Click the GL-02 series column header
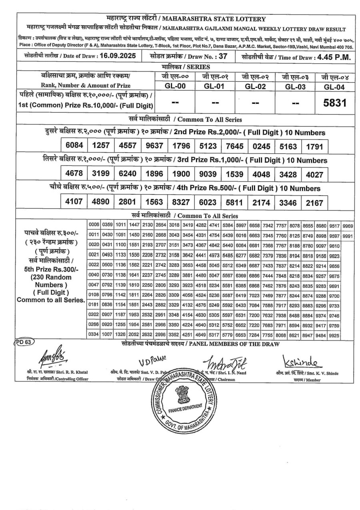[x=255, y=86]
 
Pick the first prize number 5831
[x=335, y=103]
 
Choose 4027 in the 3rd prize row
[x=314, y=175]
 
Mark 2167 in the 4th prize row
[x=314, y=203]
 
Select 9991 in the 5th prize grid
[x=348, y=236]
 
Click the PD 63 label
[x=25, y=342]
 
